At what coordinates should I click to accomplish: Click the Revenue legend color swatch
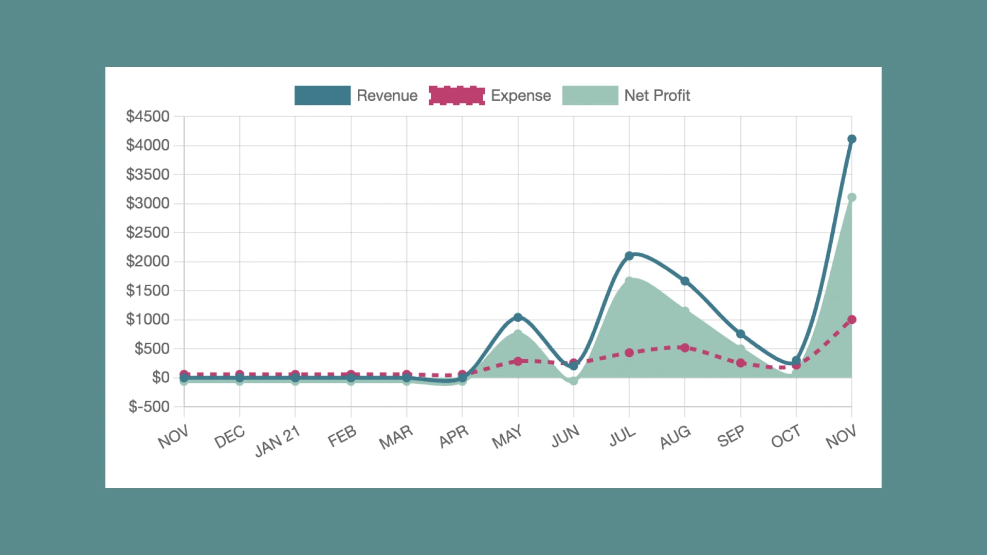pyautogui.click(x=322, y=96)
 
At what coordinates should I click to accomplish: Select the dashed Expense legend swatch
pyautogui.click(x=456, y=96)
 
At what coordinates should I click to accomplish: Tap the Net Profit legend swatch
pyautogui.click(x=590, y=96)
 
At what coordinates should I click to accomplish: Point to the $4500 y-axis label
pyautogui.click(x=148, y=117)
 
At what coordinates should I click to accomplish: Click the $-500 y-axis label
pyautogui.click(x=149, y=407)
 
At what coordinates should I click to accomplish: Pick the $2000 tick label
pyautogui.click(x=148, y=262)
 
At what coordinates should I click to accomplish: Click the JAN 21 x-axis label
pyautogui.click(x=278, y=441)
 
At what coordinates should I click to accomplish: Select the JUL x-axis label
pyautogui.click(x=623, y=437)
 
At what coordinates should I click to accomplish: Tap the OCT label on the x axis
pyautogui.click(x=786, y=437)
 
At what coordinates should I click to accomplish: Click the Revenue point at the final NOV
pyautogui.click(x=852, y=139)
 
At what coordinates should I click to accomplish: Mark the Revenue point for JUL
pyautogui.click(x=629, y=256)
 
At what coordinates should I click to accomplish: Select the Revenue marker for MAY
pyautogui.click(x=518, y=318)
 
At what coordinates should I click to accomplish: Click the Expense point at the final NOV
pyautogui.click(x=852, y=320)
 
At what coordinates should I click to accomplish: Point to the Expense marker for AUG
pyautogui.click(x=685, y=348)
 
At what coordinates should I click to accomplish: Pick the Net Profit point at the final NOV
pyautogui.click(x=852, y=197)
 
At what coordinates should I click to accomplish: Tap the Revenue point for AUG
pyautogui.click(x=685, y=281)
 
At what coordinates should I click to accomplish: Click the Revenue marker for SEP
pyautogui.click(x=741, y=334)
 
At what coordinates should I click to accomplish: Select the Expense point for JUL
pyautogui.click(x=629, y=353)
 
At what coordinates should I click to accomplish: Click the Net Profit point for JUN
pyautogui.click(x=574, y=381)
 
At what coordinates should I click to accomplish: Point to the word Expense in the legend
pyautogui.click(x=521, y=96)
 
